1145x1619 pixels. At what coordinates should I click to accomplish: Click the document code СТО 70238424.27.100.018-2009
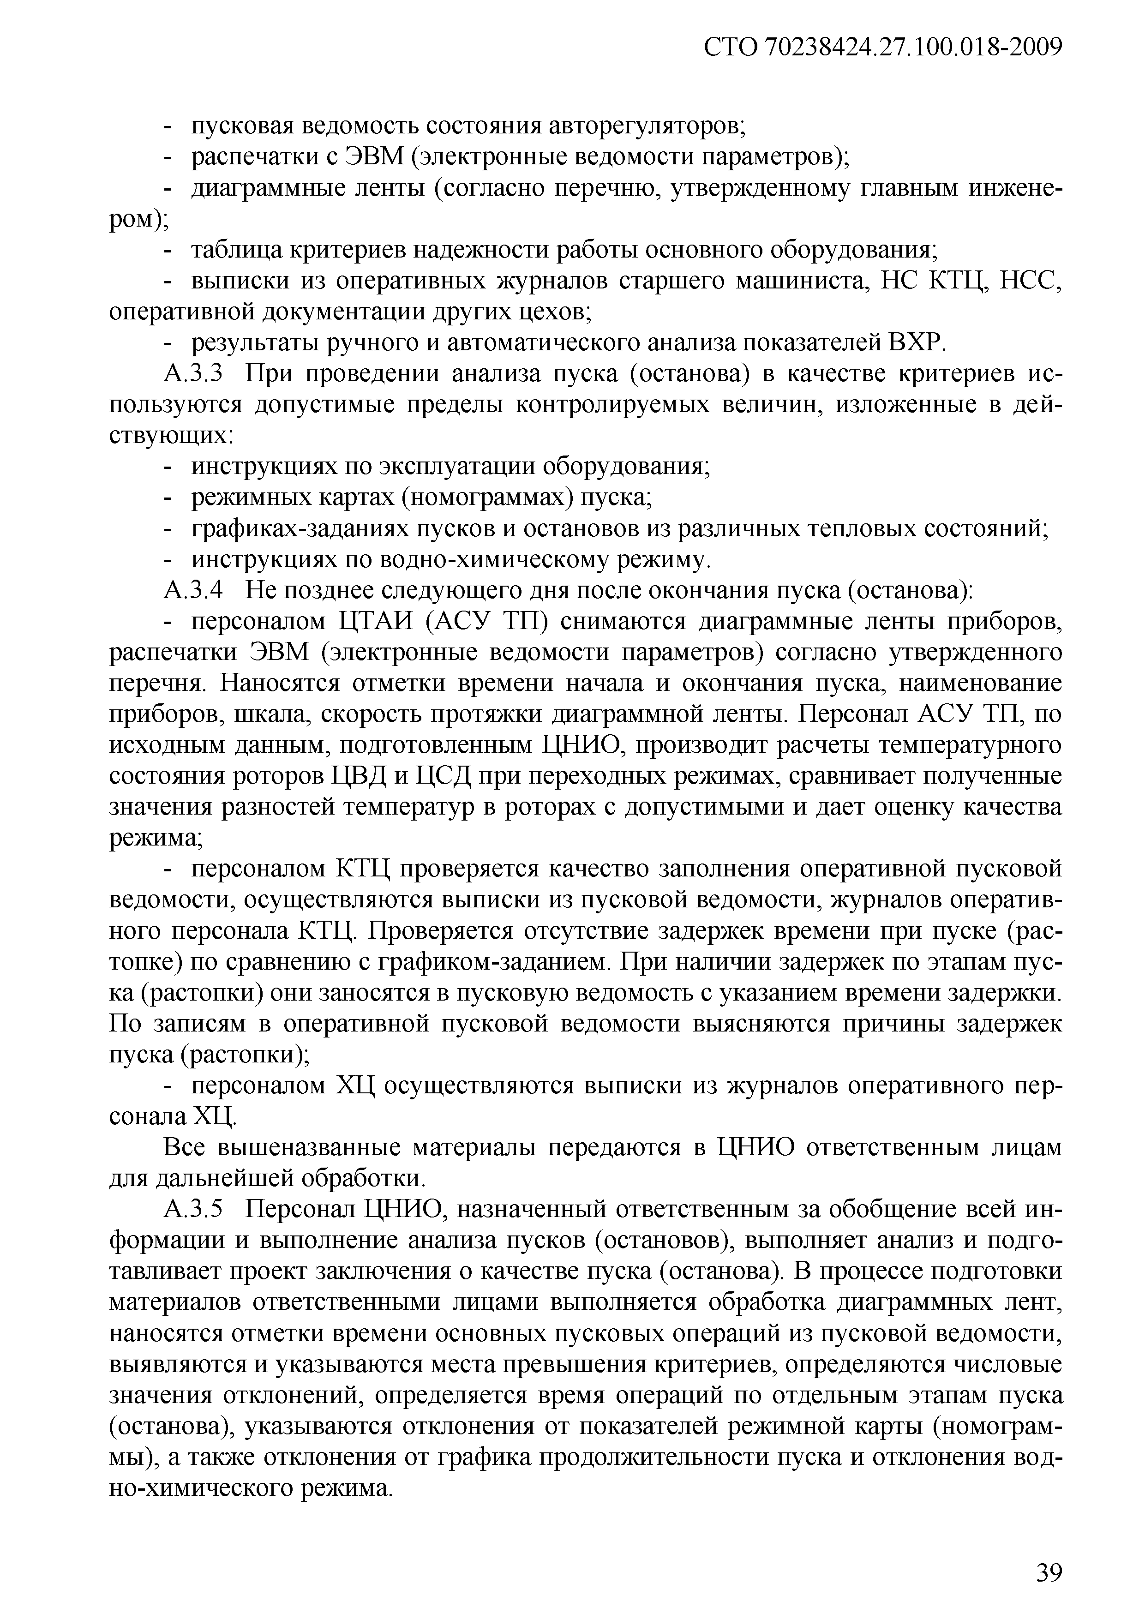(x=883, y=48)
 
